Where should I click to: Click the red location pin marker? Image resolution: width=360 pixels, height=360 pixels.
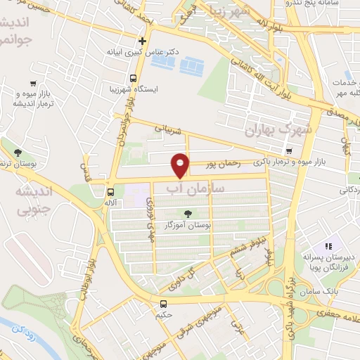pos(181,165)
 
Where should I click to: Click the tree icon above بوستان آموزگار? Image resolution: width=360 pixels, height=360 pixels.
pos(188,214)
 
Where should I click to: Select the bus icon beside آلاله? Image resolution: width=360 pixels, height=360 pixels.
pos(110,191)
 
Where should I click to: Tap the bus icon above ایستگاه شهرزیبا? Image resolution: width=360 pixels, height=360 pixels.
pos(134,78)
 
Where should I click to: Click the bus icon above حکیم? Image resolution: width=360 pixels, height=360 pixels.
pos(163,304)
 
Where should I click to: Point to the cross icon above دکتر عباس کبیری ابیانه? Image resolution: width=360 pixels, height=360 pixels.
pos(143,41)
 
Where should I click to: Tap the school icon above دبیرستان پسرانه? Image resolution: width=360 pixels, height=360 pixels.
pos(327,247)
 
